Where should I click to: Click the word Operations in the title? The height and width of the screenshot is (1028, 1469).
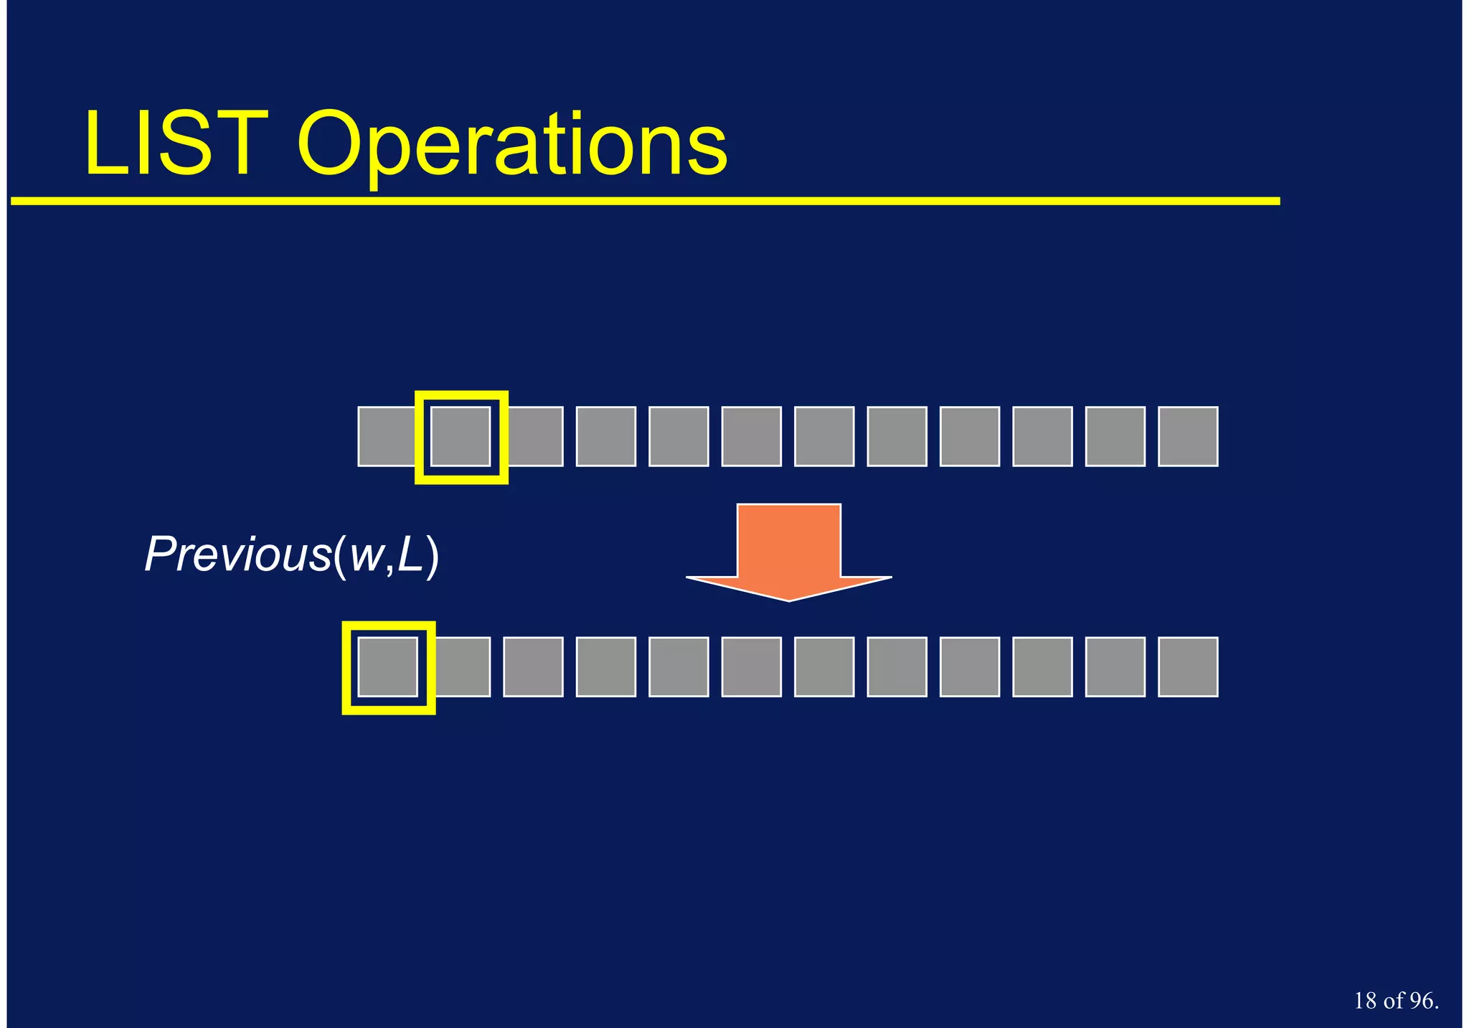tap(512, 147)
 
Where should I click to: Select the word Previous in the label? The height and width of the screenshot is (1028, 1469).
tap(237, 555)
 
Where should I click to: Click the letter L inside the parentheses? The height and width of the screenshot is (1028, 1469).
tap(410, 555)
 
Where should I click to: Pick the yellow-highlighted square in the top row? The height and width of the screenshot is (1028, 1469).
tap(461, 437)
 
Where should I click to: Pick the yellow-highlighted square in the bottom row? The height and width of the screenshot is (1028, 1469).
tap(388, 667)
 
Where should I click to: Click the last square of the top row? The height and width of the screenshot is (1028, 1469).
tap(1188, 437)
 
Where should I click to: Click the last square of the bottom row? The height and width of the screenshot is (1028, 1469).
tap(1188, 667)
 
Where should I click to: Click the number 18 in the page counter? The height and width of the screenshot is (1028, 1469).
tap(1366, 1000)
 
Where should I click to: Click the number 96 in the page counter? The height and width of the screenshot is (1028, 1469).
tap(1422, 1000)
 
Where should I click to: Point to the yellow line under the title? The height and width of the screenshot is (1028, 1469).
tap(646, 202)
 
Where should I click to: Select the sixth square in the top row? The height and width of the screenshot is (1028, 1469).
tap(751, 437)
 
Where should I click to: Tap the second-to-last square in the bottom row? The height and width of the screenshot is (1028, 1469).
tap(1115, 667)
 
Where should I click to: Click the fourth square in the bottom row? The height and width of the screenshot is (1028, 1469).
tap(606, 667)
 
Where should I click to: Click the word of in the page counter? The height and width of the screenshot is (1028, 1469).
tap(1394, 1000)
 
